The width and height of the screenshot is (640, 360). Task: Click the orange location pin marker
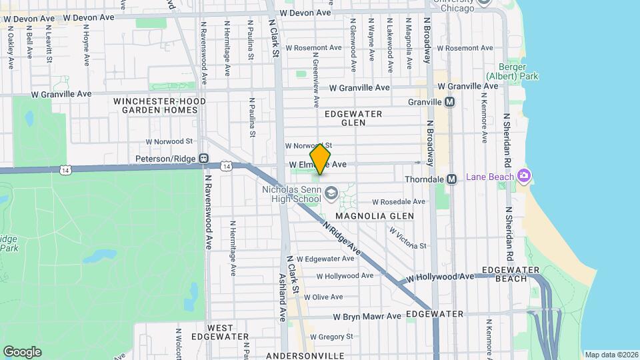[321, 159]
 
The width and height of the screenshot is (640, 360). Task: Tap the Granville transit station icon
[449, 102]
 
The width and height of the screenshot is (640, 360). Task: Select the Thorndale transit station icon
[451, 179]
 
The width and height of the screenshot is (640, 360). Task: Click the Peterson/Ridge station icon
[203, 159]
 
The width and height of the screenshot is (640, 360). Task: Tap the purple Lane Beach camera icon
[525, 176]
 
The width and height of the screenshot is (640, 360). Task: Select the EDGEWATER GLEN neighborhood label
[353, 118]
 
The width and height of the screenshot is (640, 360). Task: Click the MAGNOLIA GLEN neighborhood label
[374, 216]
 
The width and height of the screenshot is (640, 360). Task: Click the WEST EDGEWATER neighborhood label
[220, 332]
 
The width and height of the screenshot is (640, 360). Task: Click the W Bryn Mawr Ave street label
[367, 316]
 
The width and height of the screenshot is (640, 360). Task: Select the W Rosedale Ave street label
[398, 201]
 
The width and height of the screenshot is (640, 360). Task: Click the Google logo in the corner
[22, 351]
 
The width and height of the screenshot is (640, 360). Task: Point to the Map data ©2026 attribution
[611, 355]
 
